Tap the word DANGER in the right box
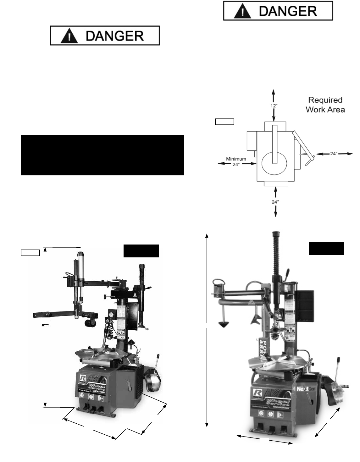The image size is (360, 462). coord(288,11)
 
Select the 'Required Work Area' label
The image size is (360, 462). coord(325,105)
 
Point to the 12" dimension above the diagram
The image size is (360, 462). coord(274,106)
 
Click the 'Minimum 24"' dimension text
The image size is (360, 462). coord(236,162)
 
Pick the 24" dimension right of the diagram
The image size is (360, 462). coord(334,154)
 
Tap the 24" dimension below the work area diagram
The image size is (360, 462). coord(275,202)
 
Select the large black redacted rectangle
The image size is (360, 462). coord(102,155)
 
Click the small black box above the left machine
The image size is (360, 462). coord(141,250)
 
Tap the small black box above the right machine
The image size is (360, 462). coord(326,248)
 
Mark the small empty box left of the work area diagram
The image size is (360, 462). coord(224,122)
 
